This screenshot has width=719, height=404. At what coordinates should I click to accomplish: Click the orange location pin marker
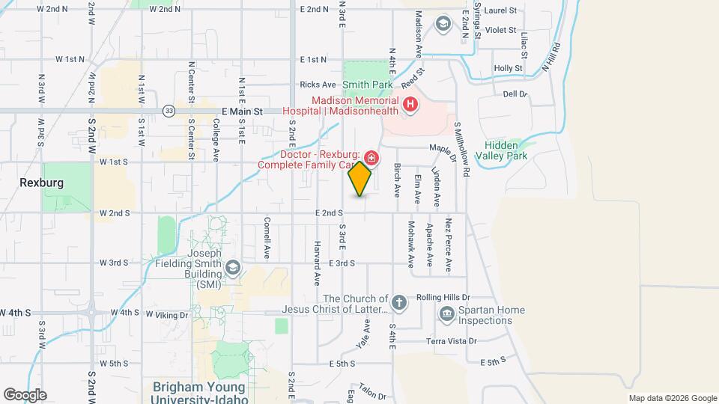(360, 178)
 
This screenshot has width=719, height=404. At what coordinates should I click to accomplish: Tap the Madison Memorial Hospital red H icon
(410, 104)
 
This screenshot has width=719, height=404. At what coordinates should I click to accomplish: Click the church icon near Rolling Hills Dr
(399, 303)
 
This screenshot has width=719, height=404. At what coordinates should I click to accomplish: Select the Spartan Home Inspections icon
(447, 311)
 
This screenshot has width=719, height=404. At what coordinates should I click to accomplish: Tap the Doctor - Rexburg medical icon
(371, 158)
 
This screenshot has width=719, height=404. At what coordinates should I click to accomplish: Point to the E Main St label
(242, 111)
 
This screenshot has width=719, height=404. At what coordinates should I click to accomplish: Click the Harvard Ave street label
(318, 263)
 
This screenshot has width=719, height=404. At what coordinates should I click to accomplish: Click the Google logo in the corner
(25, 394)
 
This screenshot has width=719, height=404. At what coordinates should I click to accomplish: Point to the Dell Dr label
(515, 94)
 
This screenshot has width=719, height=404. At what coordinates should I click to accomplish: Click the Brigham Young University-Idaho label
(198, 393)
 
